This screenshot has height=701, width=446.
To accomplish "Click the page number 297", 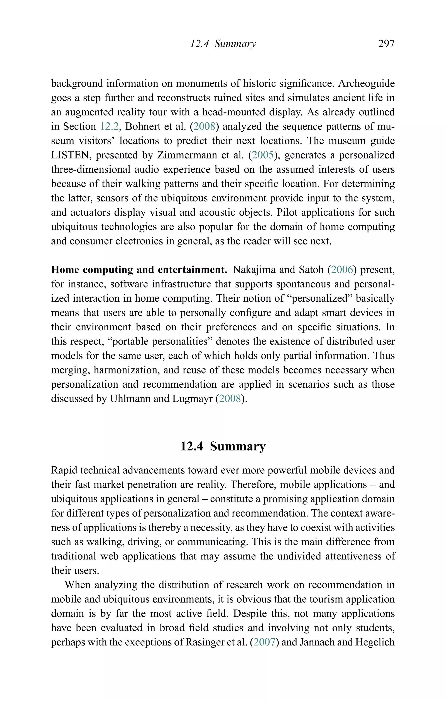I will click(386, 44).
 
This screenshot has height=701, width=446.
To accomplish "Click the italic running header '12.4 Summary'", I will click(223, 44).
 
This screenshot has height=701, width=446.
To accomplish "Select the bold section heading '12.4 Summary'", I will click(223, 446).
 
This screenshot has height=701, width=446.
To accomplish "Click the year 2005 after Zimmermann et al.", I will click(263, 155).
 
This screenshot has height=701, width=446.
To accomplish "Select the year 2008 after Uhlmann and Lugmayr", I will click(230, 399).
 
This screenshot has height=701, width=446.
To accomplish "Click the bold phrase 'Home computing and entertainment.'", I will click(139, 270).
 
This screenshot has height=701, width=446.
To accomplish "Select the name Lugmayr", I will click(192, 399).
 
